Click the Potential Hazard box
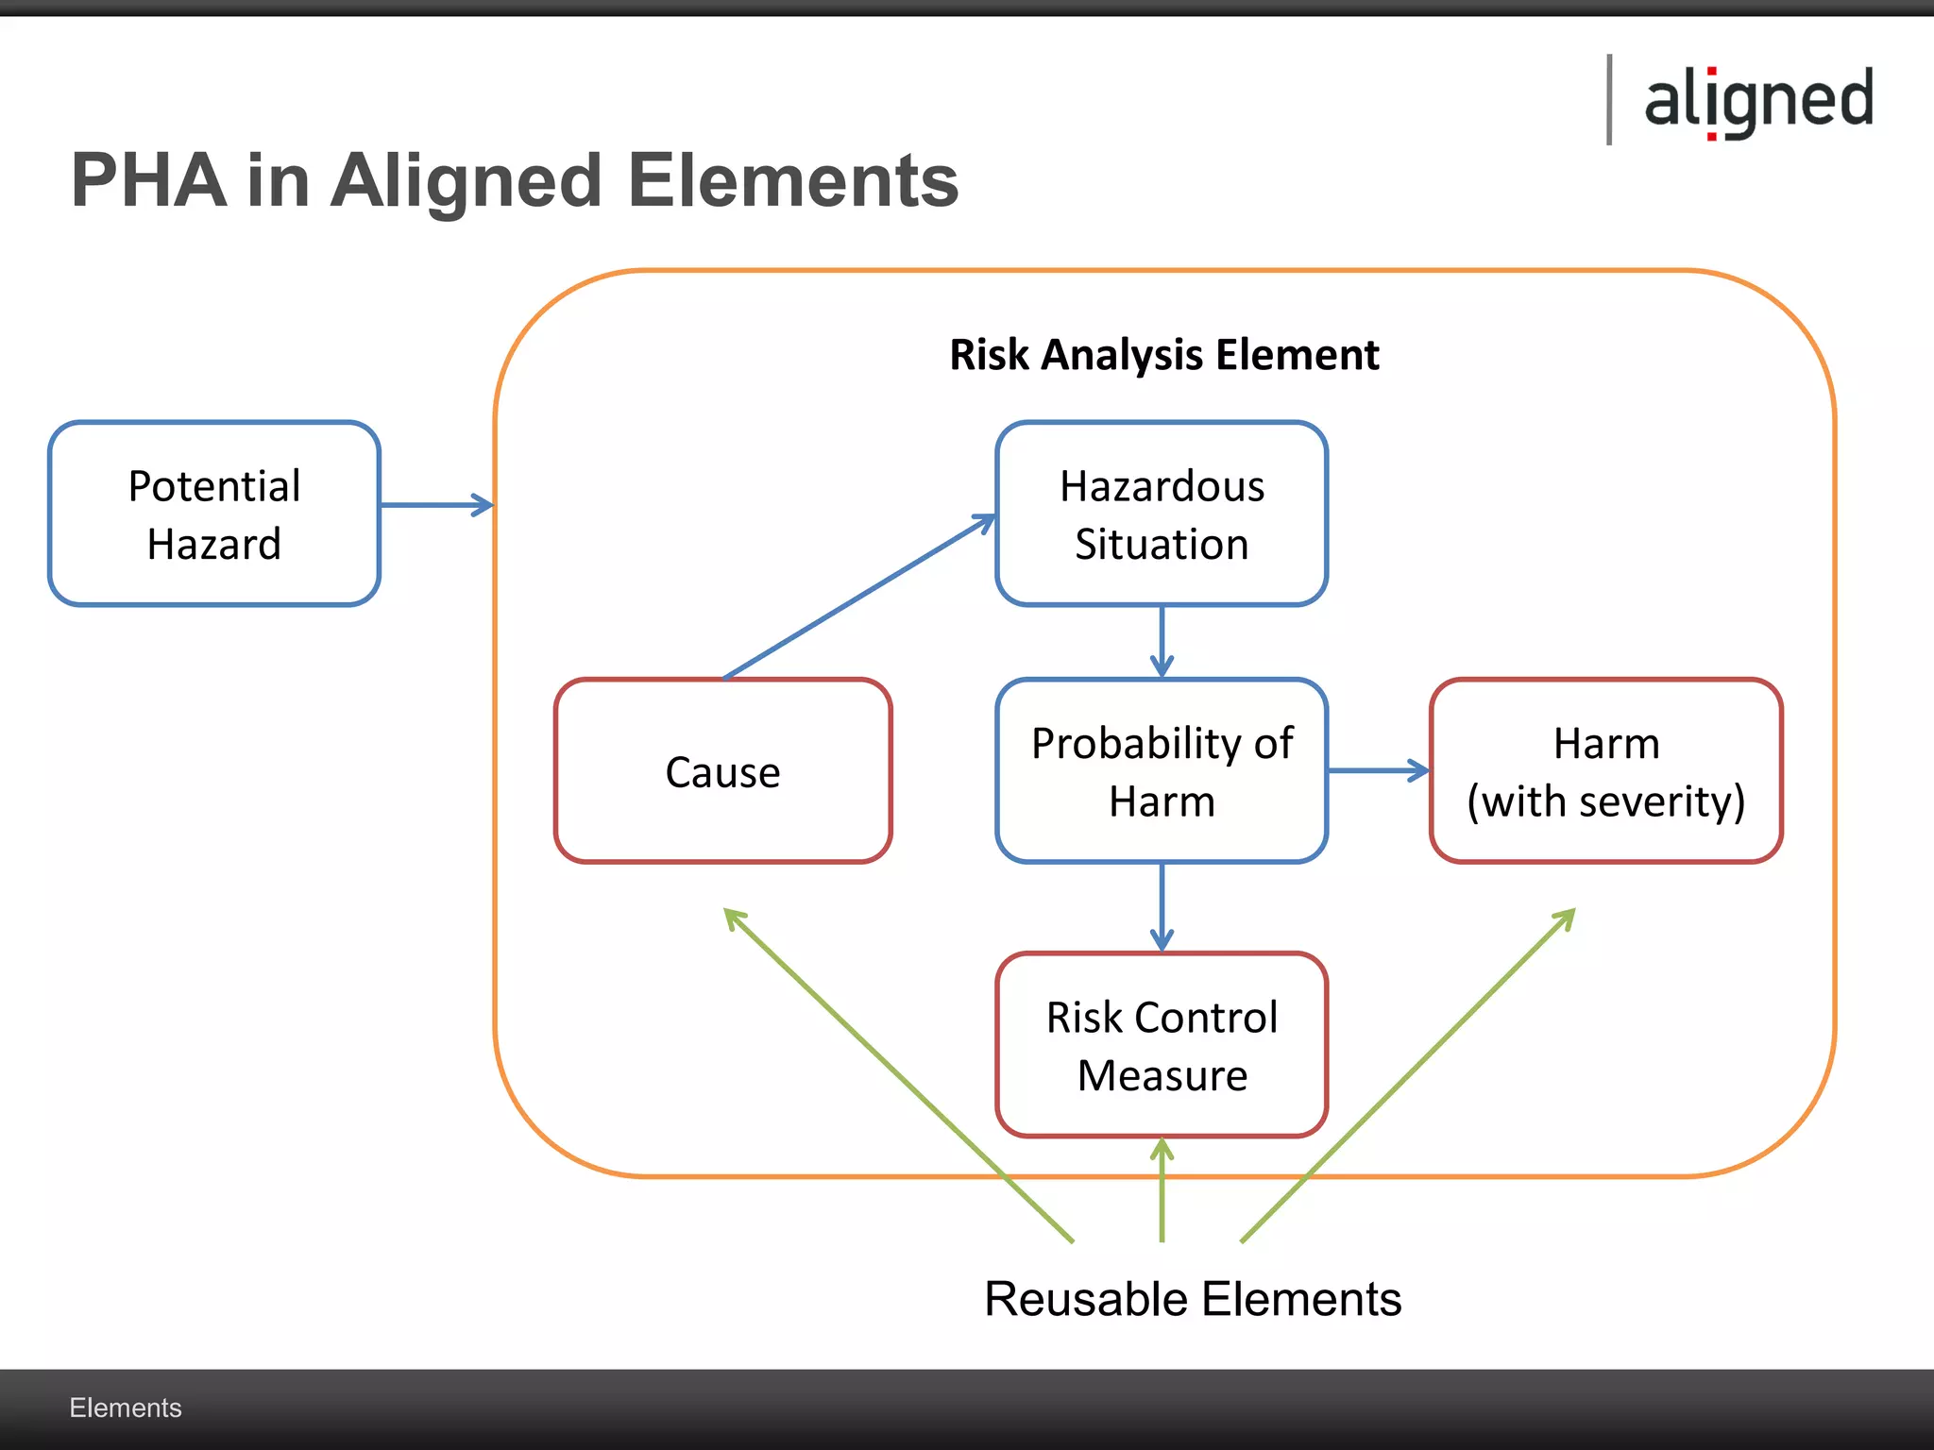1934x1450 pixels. (x=214, y=514)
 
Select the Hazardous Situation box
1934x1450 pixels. (x=1162, y=514)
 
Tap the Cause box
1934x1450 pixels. (x=722, y=770)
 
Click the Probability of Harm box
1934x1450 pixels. (x=1162, y=770)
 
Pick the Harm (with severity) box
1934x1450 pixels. (x=1605, y=770)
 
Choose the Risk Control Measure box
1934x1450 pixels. (x=1162, y=1045)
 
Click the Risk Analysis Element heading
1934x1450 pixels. (x=1163, y=355)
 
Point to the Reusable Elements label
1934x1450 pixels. (x=1192, y=1299)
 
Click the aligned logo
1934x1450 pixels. (x=1758, y=100)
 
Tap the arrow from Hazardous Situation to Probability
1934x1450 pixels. (x=1162, y=640)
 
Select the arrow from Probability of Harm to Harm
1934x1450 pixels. (x=1377, y=770)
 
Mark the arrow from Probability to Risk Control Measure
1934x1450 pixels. (x=1162, y=906)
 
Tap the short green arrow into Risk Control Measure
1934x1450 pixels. (x=1162, y=1189)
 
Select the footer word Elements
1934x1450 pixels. (x=125, y=1408)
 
